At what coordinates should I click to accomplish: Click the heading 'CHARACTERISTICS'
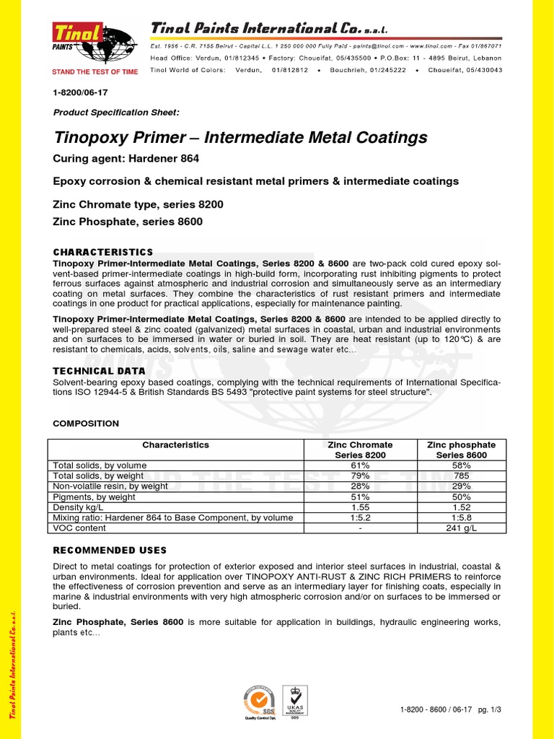point(103,252)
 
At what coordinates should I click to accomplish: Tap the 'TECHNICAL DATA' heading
point(100,371)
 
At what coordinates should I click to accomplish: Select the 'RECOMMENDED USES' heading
point(110,550)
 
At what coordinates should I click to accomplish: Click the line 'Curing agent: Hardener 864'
point(126,159)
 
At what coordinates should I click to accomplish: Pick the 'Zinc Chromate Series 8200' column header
point(360,450)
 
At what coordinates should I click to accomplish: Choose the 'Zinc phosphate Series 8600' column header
point(462,450)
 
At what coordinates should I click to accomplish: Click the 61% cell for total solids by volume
point(360,466)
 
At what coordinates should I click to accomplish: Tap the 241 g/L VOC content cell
point(462,528)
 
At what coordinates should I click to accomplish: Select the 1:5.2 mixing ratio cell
point(360,517)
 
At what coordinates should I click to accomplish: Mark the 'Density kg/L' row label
point(80,507)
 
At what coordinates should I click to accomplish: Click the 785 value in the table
point(462,476)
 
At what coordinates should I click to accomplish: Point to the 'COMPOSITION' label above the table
point(86,424)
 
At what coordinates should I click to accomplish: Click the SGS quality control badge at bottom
point(258,702)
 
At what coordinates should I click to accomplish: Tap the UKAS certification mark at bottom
point(294,701)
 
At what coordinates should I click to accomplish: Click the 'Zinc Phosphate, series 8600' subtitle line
point(128,222)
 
